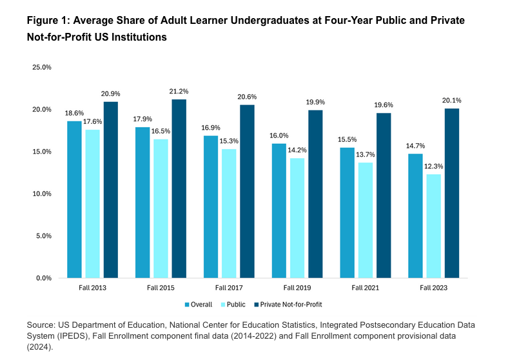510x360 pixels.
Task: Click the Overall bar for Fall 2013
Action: pos(74,199)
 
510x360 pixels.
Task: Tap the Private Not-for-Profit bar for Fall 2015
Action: pos(179,188)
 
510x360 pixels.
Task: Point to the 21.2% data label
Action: pos(179,91)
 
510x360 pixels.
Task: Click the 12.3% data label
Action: pos(434,166)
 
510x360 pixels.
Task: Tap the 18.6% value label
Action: pos(74,113)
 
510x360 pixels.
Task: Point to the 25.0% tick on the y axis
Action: pos(42,67)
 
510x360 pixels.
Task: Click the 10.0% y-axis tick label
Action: pos(42,194)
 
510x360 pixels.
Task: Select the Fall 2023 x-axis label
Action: pos(434,286)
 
